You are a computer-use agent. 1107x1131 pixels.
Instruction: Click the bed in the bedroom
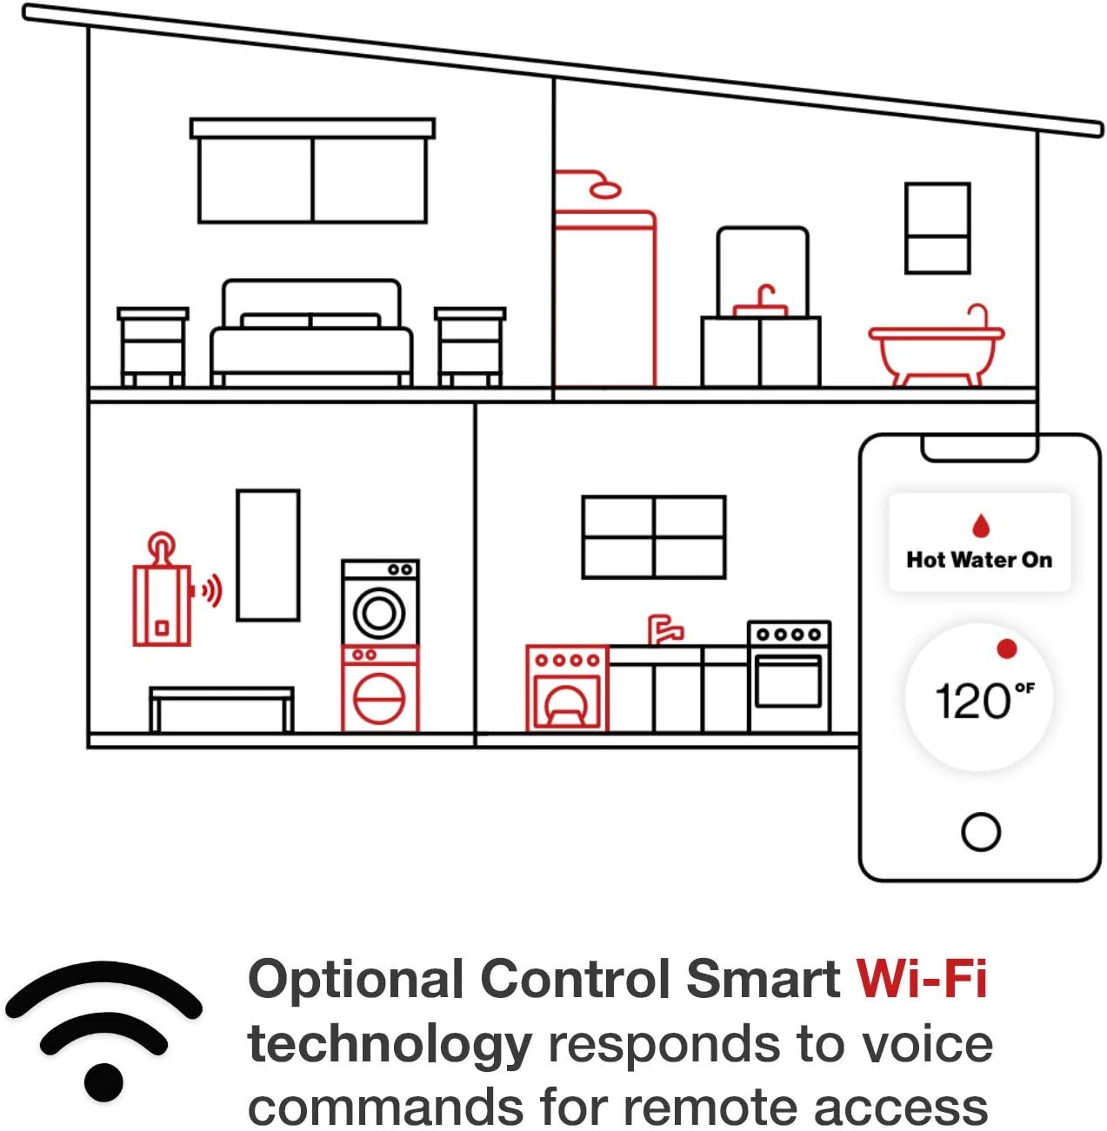(x=311, y=335)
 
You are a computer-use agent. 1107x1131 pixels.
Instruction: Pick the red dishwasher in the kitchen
(x=566, y=687)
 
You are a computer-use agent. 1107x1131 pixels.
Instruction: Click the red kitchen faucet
(x=664, y=629)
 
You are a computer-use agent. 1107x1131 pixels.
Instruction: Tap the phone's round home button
(x=980, y=831)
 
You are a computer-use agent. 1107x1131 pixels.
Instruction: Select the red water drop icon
(x=980, y=525)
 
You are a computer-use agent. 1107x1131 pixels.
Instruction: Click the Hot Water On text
(x=979, y=560)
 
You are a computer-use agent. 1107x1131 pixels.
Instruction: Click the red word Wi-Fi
(x=921, y=979)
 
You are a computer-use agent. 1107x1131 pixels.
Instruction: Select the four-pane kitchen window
(x=653, y=537)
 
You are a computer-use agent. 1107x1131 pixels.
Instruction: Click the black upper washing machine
(x=380, y=602)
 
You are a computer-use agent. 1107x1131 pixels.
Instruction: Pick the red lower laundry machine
(x=380, y=689)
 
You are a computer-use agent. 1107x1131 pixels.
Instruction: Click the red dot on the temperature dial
(x=1007, y=649)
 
